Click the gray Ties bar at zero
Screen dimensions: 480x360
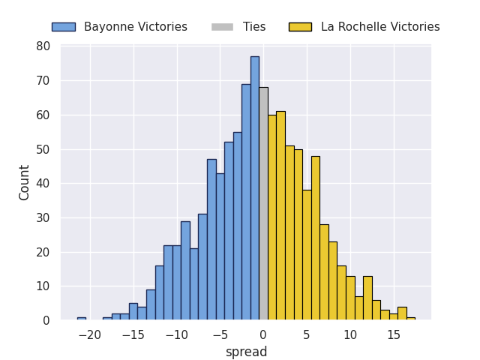coord(263,203)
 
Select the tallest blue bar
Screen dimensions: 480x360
coord(255,188)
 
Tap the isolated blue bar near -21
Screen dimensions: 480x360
coord(82,319)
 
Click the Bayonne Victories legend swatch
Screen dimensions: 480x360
coord(64,27)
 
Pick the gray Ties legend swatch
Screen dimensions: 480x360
coord(222,27)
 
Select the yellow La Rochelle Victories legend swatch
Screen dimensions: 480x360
coord(300,27)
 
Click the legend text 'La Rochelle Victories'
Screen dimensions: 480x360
coord(380,27)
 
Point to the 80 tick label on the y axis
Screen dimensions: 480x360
coord(43,46)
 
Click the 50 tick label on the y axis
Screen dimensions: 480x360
coord(43,150)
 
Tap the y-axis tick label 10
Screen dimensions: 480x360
coord(43,286)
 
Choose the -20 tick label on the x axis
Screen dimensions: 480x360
coord(90,335)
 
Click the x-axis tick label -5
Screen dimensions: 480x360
coord(220,335)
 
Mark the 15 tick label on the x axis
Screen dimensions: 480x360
coord(394,335)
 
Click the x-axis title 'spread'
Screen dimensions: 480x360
coord(247,352)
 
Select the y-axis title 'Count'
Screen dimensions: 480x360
coord(23,183)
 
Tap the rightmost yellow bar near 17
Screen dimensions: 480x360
coord(411,319)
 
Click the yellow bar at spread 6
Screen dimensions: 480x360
coord(316,238)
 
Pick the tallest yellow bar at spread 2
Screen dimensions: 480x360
coord(281,216)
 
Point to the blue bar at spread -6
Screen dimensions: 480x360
coord(211,240)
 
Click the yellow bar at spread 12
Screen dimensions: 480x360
coord(367,298)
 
